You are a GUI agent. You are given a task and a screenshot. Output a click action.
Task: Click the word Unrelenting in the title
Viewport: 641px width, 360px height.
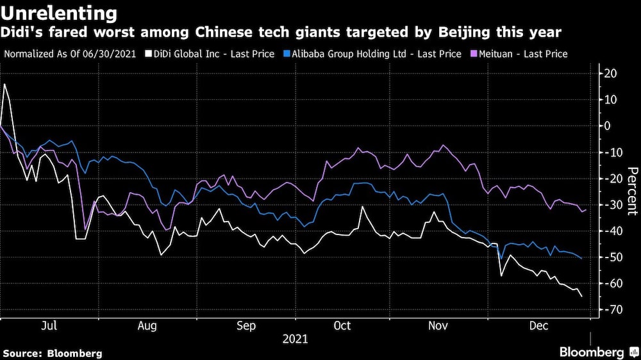(x=60, y=13)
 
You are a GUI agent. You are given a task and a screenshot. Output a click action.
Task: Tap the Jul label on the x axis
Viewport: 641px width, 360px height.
(x=49, y=326)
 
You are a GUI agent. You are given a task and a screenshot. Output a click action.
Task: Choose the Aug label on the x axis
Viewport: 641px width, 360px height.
(x=147, y=326)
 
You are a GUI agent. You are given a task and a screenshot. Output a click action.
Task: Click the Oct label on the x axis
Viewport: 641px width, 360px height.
(x=342, y=326)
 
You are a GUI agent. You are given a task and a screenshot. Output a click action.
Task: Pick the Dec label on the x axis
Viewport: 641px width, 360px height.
(x=538, y=326)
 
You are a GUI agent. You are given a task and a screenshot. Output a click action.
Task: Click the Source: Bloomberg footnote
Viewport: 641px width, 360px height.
(x=53, y=353)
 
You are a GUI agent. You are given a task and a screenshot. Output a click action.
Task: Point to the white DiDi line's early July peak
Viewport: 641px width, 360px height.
(x=5, y=84)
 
